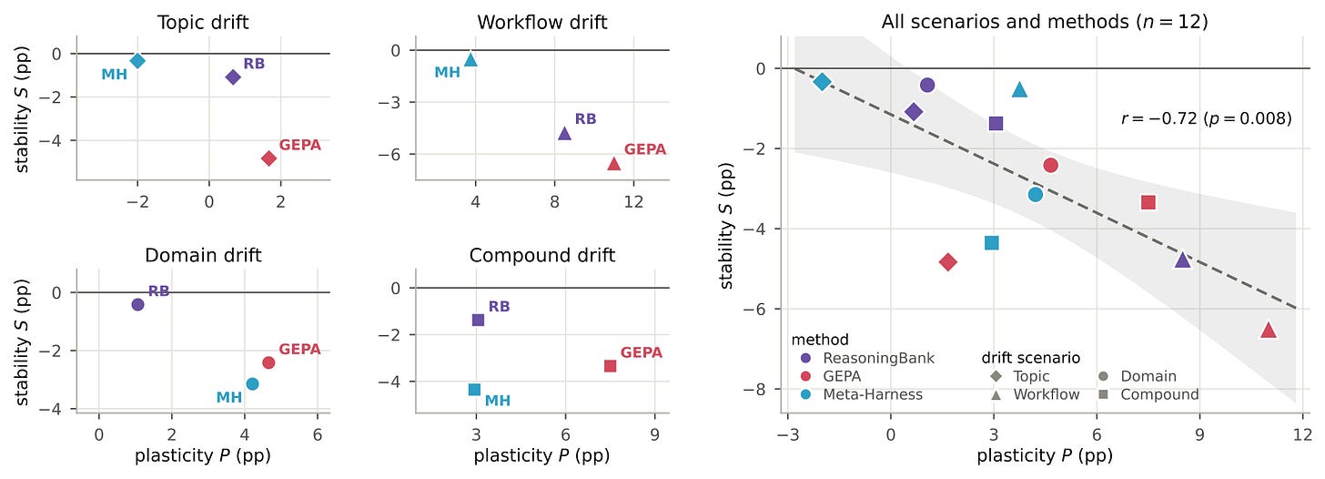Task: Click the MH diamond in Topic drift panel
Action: (137, 60)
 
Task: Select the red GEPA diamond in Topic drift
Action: (269, 158)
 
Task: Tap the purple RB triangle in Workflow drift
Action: (565, 133)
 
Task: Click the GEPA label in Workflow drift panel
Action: (644, 149)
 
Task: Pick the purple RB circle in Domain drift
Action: (137, 304)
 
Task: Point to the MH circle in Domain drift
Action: (253, 383)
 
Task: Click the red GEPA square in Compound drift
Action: (611, 366)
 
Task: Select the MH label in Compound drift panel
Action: (498, 401)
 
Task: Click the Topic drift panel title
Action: (203, 23)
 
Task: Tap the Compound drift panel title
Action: (542, 255)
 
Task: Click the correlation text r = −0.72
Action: (1157, 118)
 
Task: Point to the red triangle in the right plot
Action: (1269, 330)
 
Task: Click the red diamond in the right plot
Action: (948, 261)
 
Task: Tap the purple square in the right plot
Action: (996, 123)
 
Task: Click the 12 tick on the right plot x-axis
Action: (1302, 435)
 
